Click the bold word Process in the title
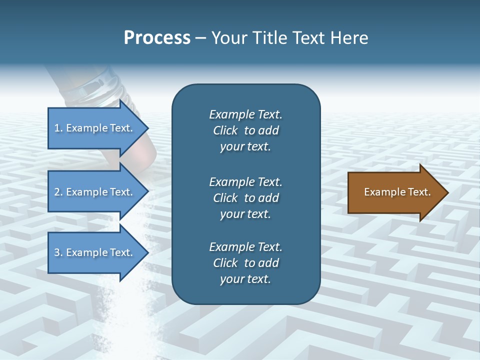(x=157, y=38)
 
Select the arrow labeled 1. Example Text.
(x=95, y=128)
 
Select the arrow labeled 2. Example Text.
(x=95, y=192)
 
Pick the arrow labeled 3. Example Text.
(x=95, y=252)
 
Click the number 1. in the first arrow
(x=58, y=128)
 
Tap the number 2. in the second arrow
(x=58, y=192)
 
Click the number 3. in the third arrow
(x=58, y=252)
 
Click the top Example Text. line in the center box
(x=245, y=114)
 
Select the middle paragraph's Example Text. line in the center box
(x=245, y=182)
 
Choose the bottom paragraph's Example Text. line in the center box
(x=245, y=247)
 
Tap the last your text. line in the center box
(x=245, y=279)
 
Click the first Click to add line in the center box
(x=245, y=130)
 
